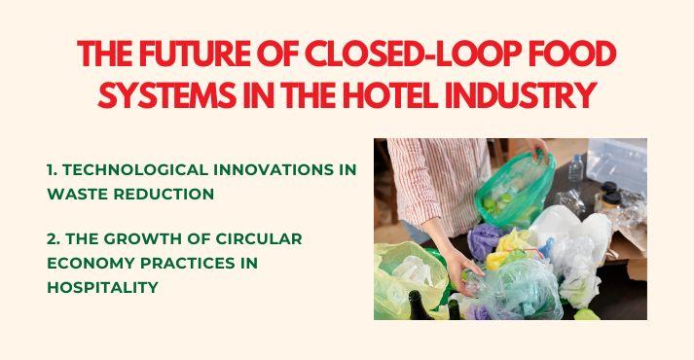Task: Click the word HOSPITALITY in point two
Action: pos(102,288)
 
